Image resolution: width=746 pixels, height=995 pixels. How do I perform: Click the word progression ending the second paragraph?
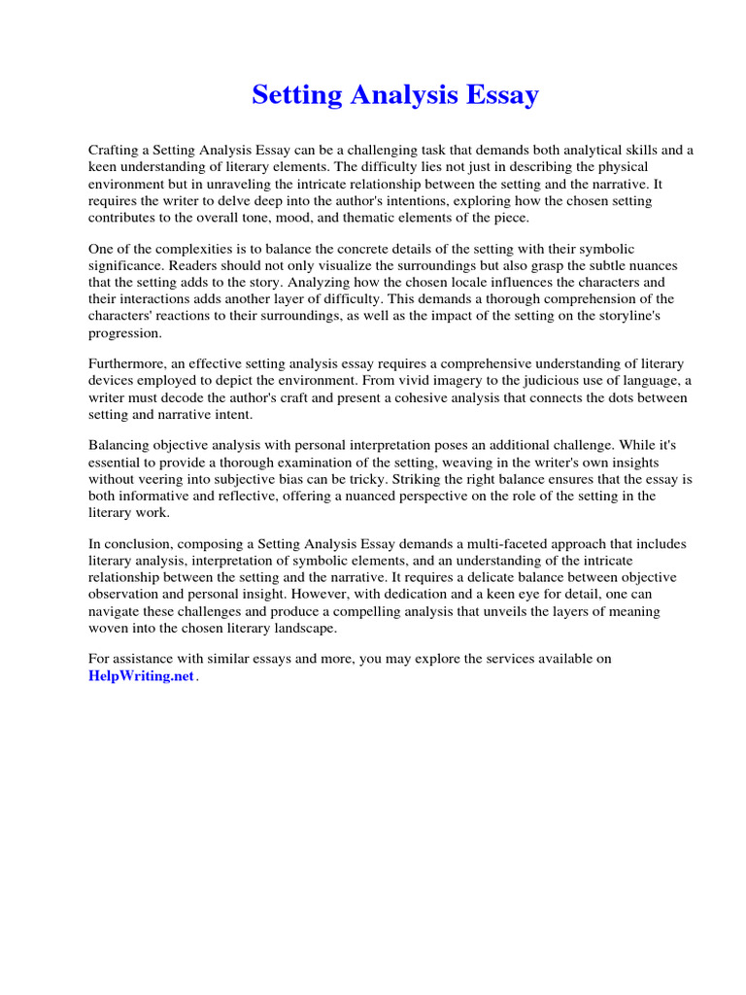coord(125,332)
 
